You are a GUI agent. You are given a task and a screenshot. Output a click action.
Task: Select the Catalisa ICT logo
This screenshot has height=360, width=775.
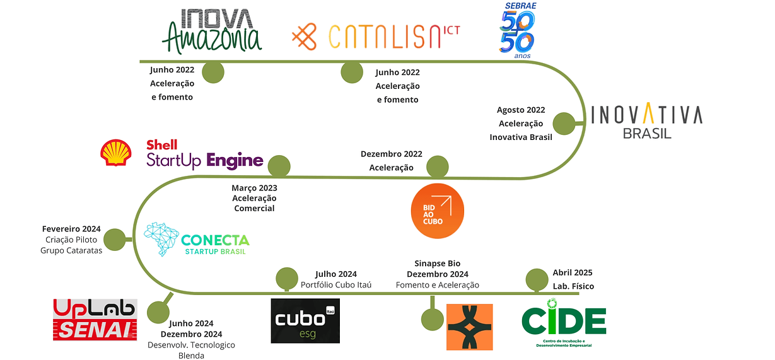(375, 37)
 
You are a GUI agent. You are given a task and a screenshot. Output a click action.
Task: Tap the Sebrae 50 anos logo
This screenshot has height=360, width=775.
(517, 31)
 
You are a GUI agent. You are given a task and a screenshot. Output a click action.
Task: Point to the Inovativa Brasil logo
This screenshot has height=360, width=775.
(646, 122)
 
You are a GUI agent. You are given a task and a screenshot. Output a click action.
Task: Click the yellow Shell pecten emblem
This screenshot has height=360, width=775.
(116, 153)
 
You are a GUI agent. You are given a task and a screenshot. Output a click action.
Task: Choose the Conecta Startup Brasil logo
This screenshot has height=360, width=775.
(197, 239)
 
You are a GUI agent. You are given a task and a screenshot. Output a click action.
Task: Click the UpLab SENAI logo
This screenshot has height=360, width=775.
(95, 319)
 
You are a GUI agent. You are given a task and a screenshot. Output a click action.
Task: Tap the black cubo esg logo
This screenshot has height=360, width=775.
(305, 321)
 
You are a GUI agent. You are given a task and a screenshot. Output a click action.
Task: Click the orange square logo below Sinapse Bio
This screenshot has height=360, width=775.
(469, 327)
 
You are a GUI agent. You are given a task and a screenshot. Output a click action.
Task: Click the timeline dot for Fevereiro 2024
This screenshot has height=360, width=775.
(114, 240)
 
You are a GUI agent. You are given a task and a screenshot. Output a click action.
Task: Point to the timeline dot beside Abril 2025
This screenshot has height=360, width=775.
(537, 279)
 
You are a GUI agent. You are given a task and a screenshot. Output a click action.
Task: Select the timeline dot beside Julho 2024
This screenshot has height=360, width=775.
(287, 279)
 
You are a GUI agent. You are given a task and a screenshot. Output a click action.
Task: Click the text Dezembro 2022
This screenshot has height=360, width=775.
(392, 154)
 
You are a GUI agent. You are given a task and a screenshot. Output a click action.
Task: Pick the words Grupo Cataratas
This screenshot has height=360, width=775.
(73, 251)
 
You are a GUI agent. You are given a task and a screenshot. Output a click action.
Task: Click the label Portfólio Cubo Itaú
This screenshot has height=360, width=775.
(335, 285)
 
